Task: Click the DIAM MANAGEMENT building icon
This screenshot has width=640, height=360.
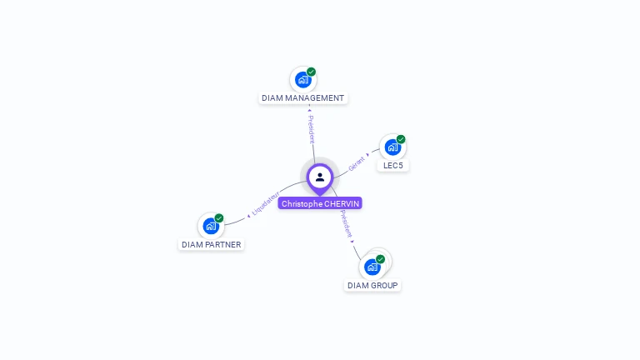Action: point(302,80)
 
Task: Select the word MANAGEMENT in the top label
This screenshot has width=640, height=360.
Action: point(314,98)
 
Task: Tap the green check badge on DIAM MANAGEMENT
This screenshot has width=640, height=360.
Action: point(311,72)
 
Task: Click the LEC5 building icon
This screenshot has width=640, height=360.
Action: point(392,147)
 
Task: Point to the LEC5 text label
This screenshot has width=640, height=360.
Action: point(392,166)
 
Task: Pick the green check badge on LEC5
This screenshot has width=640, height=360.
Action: point(401,139)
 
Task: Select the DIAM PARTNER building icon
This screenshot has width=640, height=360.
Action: point(211,226)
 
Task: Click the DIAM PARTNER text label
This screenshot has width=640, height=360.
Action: point(212,245)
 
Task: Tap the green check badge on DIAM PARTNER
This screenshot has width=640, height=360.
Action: point(219,218)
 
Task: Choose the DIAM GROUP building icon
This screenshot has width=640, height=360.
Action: point(372,267)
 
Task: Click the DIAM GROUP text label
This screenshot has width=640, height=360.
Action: point(372,285)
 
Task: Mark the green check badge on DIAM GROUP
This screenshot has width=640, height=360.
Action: point(380,259)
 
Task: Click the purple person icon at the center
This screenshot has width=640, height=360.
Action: point(320,177)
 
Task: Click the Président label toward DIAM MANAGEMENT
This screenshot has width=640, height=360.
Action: point(311,129)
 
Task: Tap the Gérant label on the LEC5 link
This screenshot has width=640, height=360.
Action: point(357,162)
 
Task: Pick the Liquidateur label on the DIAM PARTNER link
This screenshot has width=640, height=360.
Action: point(265,205)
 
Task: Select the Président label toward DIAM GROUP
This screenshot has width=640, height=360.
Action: point(346,224)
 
